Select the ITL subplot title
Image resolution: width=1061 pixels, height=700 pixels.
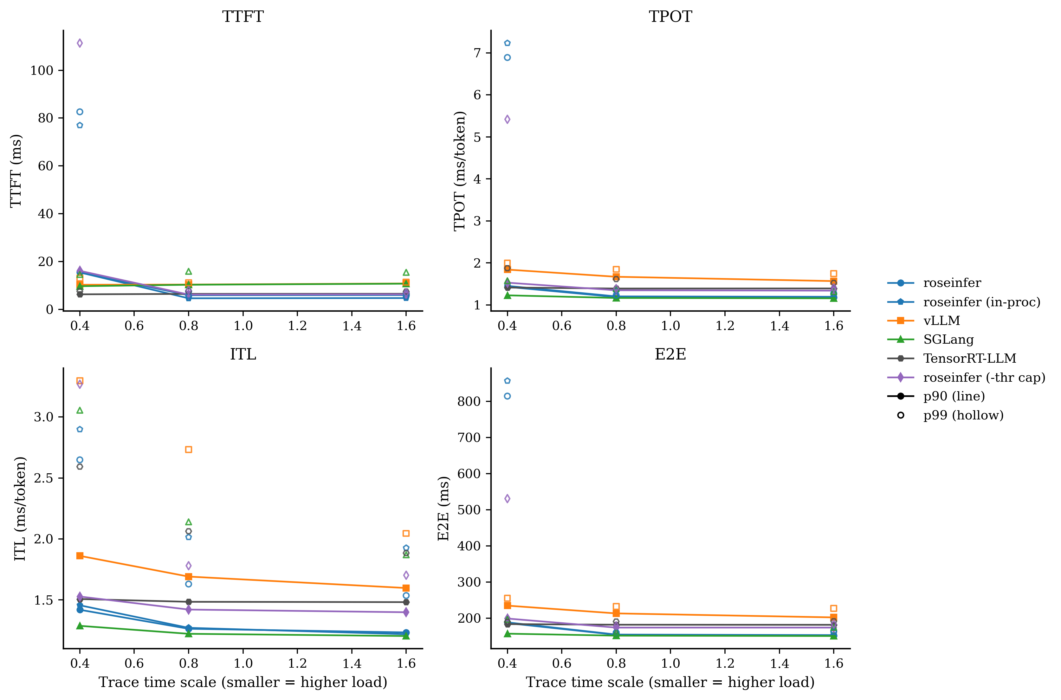tap(243, 354)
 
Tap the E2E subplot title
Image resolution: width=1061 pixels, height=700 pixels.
tap(670, 354)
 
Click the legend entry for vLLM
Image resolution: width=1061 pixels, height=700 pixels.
tap(941, 321)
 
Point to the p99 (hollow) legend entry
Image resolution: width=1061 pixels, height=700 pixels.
tap(963, 415)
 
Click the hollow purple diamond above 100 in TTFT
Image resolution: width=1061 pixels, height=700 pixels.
tap(80, 43)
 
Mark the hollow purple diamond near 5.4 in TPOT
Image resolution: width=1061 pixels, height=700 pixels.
tap(507, 119)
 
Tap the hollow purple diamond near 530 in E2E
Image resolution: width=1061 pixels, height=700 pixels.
tap(507, 499)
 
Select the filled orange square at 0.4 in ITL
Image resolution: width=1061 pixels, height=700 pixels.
tap(80, 556)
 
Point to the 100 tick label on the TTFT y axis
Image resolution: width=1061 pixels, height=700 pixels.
tap(42, 70)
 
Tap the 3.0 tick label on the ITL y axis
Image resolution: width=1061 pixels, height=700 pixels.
tap(43, 417)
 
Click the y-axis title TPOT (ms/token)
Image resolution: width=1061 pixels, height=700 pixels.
tap(460, 171)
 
